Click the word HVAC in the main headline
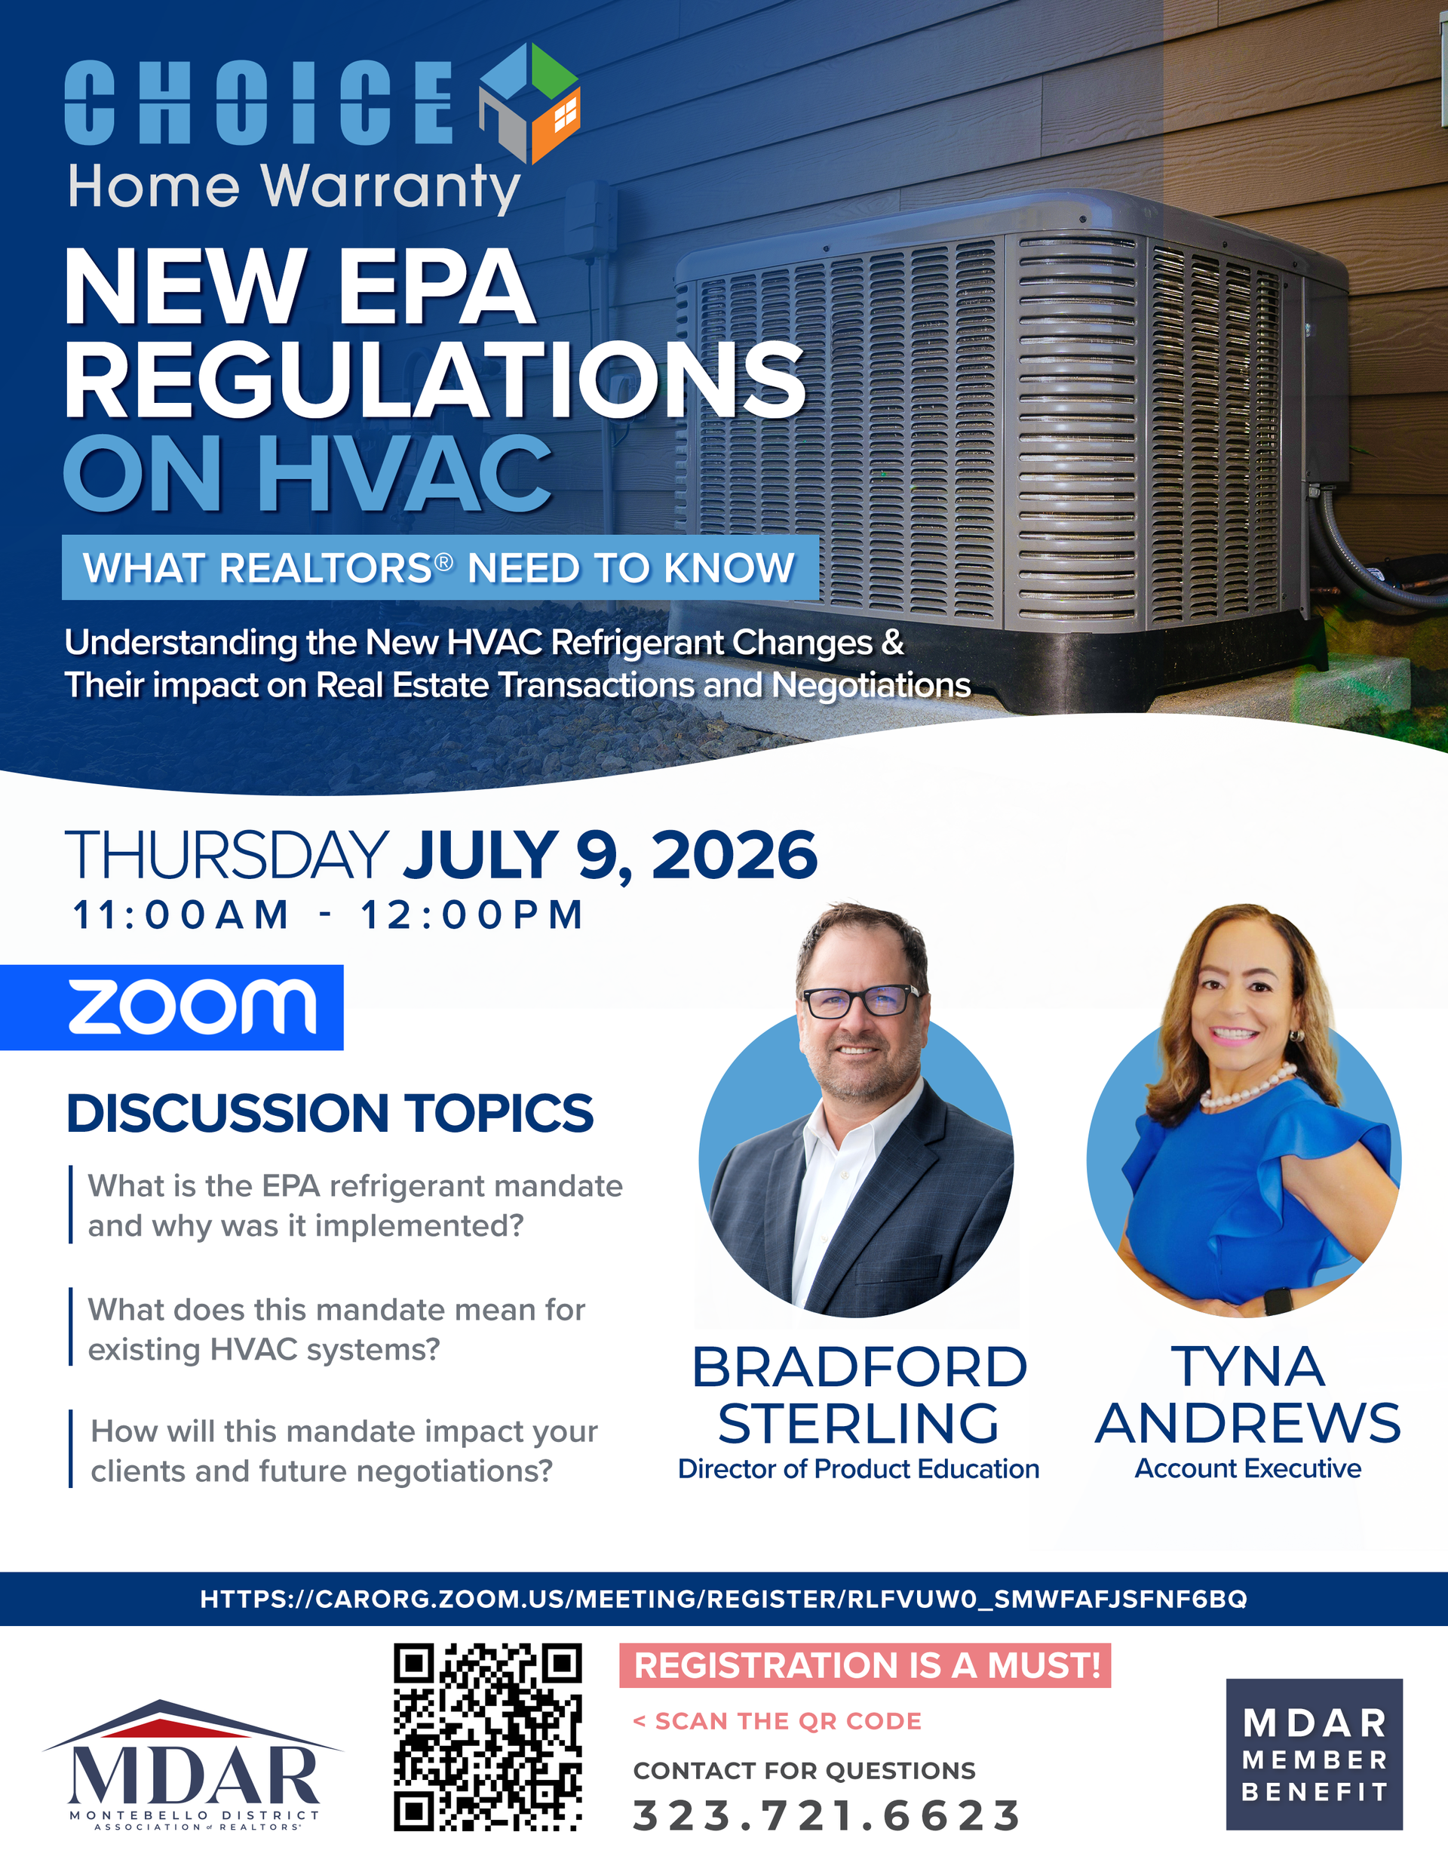point(404,473)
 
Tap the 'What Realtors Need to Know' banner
point(440,567)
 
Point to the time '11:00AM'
point(181,915)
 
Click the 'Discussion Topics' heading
point(330,1114)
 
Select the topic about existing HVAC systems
point(336,1329)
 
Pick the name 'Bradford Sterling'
point(859,1394)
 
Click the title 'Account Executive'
point(1248,1469)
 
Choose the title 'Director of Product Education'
point(858,1469)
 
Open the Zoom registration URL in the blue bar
point(723,1600)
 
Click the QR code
point(487,1738)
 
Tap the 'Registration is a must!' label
point(865,1665)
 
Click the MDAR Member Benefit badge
point(1314,1754)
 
